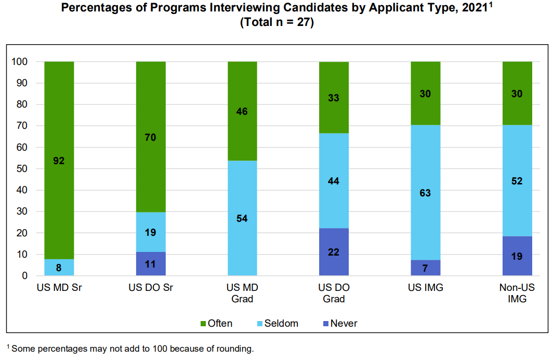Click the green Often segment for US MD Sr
point(59,161)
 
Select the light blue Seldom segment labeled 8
point(59,267)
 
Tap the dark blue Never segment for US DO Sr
point(151,264)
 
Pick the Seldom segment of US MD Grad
point(242,218)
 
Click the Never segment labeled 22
point(334,252)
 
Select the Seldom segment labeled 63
point(426,193)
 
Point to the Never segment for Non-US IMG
point(517,256)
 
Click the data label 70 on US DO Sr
point(150,137)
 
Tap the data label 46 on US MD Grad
point(242,111)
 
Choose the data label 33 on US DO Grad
point(334,98)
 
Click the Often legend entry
point(216,323)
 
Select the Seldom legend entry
point(278,323)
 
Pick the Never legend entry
point(340,323)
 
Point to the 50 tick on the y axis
point(21,168)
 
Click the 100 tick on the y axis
point(19,62)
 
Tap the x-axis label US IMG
point(426,287)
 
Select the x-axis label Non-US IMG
point(517,293)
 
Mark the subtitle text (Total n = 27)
point(277,22)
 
